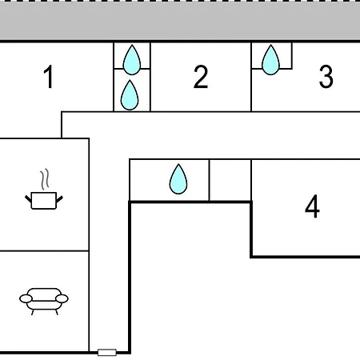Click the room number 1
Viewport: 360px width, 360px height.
click(49, 77)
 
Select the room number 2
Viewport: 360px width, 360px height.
click(201, 77)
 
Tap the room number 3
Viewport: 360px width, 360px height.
click(326, 77)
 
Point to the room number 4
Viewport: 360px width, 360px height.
click(312, 206)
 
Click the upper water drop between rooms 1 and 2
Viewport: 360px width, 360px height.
click(132, 60)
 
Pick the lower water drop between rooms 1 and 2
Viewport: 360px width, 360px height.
click(130, 95)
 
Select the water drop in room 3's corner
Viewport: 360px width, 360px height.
click(270, 60)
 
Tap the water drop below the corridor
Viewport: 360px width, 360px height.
click(178, 179)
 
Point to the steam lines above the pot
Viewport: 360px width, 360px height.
click(45, 179)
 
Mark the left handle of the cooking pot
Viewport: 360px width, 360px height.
click(28, 198)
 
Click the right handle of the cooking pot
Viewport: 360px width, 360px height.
click(59, 199)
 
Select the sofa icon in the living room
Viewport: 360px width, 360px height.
click(44, 302)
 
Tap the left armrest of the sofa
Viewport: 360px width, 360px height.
click(26, 298)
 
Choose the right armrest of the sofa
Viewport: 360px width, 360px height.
click(62, 298)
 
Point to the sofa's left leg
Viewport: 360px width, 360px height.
click(33, 312)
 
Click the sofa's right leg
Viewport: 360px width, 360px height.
click(56, 312)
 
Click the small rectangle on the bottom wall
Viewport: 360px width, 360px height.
click(107, 352)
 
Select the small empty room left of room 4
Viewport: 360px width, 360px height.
click(230, 180)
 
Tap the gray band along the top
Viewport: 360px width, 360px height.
click(180, 21)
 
